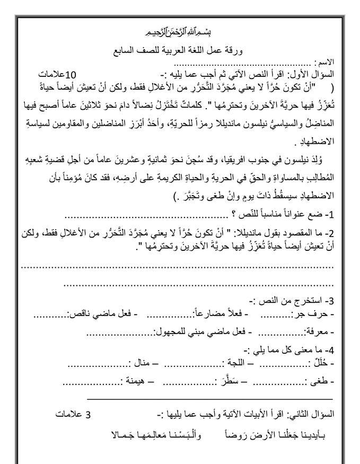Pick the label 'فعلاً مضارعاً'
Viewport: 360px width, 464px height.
pyautogui.click(x=222, y=314)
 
